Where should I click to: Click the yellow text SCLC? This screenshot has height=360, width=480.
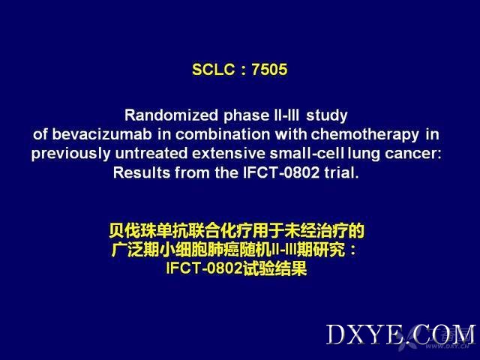(x=213, y=70)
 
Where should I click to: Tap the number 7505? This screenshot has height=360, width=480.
(x=269, y=70)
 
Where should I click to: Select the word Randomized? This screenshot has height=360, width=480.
(x=171, y=115)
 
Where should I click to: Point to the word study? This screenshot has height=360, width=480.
(x=327, y=116)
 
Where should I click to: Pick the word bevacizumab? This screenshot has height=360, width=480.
(x=102, y=135)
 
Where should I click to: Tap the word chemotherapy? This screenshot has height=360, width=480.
(x=365, y=135)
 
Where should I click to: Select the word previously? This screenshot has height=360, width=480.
(x=70, y=154)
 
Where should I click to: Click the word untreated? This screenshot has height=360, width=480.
(x=151, y=154)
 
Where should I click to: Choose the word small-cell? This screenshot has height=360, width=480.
(x=307, y=154)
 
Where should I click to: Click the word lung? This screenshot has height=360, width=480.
(x=363, y=154)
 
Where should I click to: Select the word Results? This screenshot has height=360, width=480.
(x=142, y=173)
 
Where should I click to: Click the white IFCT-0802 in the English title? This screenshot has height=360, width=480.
(x=281, y=173)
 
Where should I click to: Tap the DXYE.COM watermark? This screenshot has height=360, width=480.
(x=401, y=335)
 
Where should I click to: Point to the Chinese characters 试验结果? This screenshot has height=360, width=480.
(x=274, y=269)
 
